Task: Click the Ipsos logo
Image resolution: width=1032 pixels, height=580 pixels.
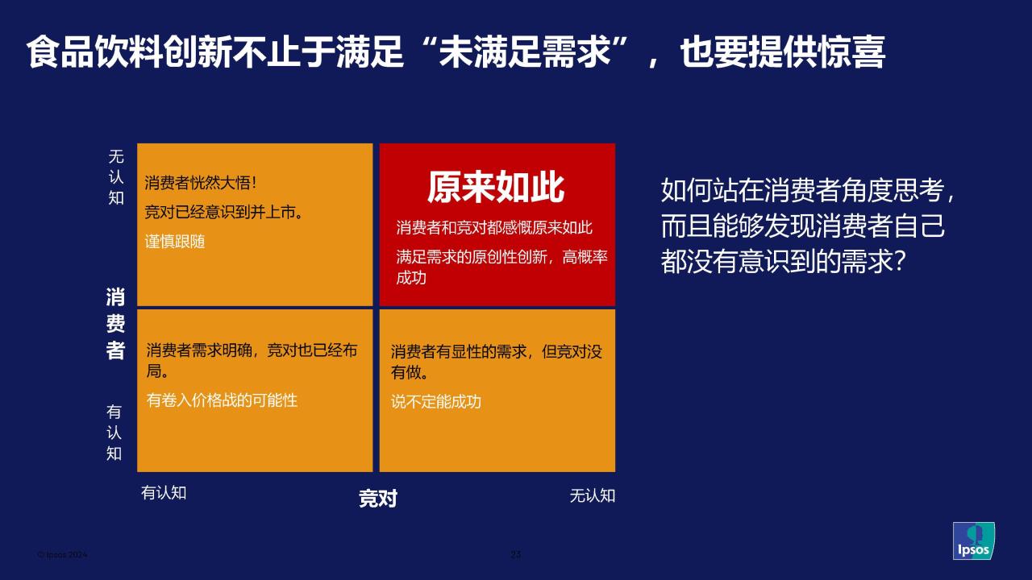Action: point(973,541)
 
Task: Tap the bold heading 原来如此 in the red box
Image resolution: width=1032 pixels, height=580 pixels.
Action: point(496,187)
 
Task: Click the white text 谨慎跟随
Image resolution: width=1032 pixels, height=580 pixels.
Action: point(175,242)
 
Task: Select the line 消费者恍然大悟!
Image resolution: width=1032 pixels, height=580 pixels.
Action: point(201,183)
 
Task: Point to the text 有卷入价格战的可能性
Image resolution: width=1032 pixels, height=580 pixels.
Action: point(222,400)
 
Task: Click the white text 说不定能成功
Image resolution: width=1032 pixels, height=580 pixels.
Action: point(436,402)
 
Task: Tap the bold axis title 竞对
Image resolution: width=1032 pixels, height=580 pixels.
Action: point(378,498)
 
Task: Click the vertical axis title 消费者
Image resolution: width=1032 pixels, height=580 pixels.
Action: point(115,323)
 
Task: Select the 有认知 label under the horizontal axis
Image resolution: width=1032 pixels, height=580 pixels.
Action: point(164,492)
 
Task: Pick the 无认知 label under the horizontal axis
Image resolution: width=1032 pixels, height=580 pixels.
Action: point(593,495)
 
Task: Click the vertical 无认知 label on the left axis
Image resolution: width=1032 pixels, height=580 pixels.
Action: point(116,177)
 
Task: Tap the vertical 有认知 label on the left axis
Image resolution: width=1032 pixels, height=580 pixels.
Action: point(114,433)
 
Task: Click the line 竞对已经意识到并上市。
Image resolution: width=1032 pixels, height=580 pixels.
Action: point(224,212)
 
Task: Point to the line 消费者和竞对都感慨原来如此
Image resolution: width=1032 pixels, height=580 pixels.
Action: point(494,227)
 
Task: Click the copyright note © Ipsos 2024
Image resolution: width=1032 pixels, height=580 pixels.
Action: point(62,555)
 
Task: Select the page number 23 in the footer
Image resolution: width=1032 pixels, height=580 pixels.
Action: point(515,554)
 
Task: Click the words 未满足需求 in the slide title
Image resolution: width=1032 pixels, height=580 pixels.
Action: point(525,52)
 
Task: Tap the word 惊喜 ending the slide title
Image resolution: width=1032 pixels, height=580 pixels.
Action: point(851,52)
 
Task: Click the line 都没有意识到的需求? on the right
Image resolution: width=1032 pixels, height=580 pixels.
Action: point(784,261)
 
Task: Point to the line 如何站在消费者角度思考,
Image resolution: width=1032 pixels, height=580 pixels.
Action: point(809,189)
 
